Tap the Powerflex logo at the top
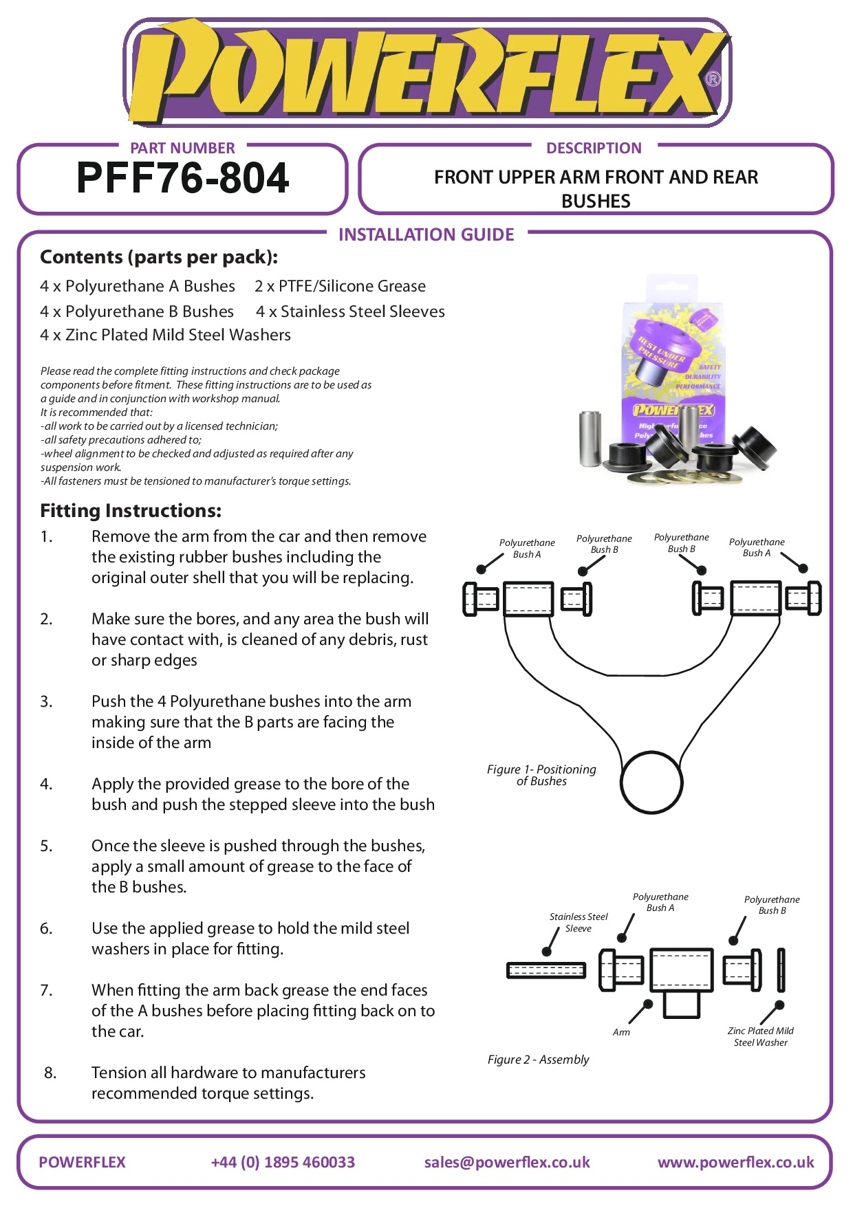click(426, 73)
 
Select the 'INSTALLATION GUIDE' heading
click(426, 235)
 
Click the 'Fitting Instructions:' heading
click(131, 511)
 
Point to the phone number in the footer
click(283, 1162)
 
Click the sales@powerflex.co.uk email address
click(507, 1162)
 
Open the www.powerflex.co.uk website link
click(735, 1162)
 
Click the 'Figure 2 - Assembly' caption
click(538, 1060)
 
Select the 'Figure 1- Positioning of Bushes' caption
click(541, 776)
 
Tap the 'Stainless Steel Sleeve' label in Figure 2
click(579, 923)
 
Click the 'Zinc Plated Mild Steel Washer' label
click(760, 1037)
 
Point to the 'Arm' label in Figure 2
click(621, 1032)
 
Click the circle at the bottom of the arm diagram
click(651, 782)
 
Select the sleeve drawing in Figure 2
click(546, 970)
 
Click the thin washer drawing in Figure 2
click(781, 969)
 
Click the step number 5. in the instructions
click(46, 846)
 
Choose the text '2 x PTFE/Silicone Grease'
click(340, 286)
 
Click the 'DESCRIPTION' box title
click(594, 149)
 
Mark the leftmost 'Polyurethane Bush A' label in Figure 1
click(527, 549)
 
